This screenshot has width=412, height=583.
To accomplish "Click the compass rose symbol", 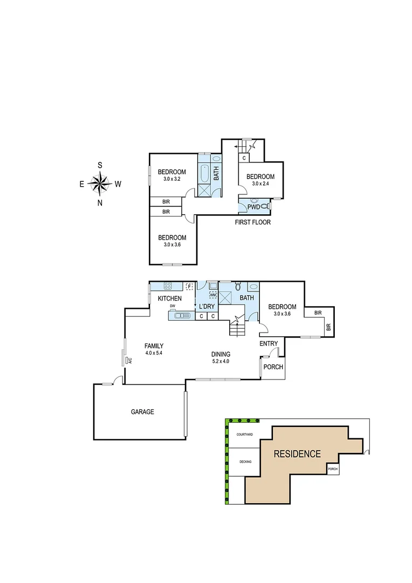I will click(x=100, y=184).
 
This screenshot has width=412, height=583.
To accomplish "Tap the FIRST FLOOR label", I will click(x=252, y=222).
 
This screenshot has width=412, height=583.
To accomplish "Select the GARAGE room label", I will click(x=142, y=412).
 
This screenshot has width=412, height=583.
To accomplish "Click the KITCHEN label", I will click(x=169, y=299).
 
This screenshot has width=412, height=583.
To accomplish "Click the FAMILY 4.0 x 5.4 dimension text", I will click(x=154, y=353).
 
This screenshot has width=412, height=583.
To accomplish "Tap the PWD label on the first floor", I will click(x=253, y=207).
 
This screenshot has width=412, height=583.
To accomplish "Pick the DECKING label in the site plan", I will click(x=244, y=462).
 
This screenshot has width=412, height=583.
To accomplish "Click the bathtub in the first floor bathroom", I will click(x=204, y=174).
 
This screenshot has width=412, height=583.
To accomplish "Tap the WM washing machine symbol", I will click(x=212, y=295).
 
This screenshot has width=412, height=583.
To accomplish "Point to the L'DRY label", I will click(x=207, y=307).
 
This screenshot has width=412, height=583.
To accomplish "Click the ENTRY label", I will click(x=269, y=343).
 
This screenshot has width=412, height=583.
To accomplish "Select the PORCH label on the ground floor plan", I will click(x=272, y=367).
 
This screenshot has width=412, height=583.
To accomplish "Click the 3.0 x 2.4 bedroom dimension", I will click(x=260, y=184).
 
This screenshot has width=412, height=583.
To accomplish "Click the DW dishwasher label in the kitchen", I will click(x=173, y=306).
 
